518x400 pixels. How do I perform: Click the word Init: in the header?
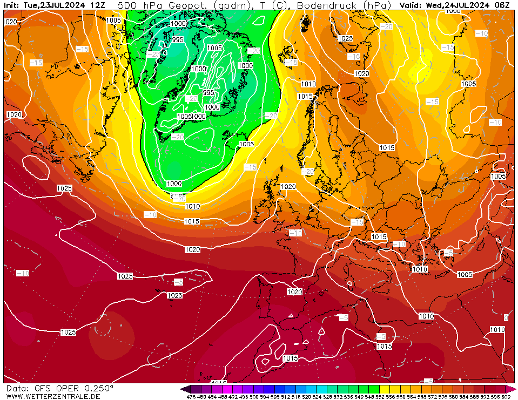(12, 5)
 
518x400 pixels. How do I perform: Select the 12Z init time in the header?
(98, 5)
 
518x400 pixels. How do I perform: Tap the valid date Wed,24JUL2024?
(460, 5)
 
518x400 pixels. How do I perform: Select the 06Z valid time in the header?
(502, 5)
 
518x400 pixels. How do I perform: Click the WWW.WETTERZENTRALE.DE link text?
(53, 396)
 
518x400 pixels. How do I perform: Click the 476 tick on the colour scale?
(191, 397)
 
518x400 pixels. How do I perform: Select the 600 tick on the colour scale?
(506, 397)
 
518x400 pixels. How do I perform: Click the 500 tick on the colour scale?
(253, 397)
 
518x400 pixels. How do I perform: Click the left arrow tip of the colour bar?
(182, 389)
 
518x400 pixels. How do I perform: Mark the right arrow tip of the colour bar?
(515, 389)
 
